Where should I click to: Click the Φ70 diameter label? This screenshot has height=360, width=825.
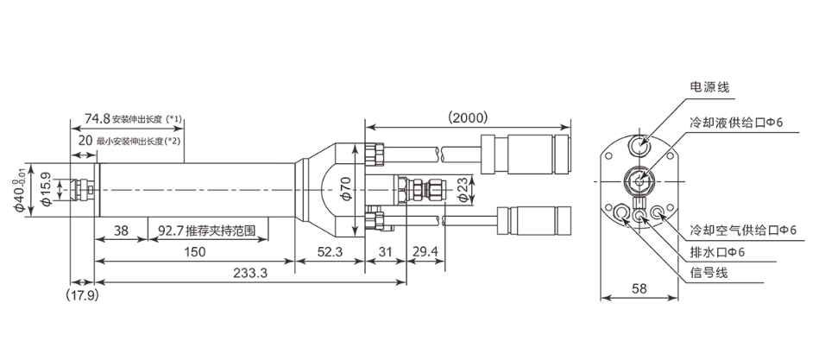click(344, 189)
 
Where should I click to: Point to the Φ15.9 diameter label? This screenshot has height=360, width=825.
click(47, 188)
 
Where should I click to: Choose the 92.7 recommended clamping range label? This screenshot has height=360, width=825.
click(211, 231)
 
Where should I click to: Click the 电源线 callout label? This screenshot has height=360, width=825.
click(709, 86)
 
